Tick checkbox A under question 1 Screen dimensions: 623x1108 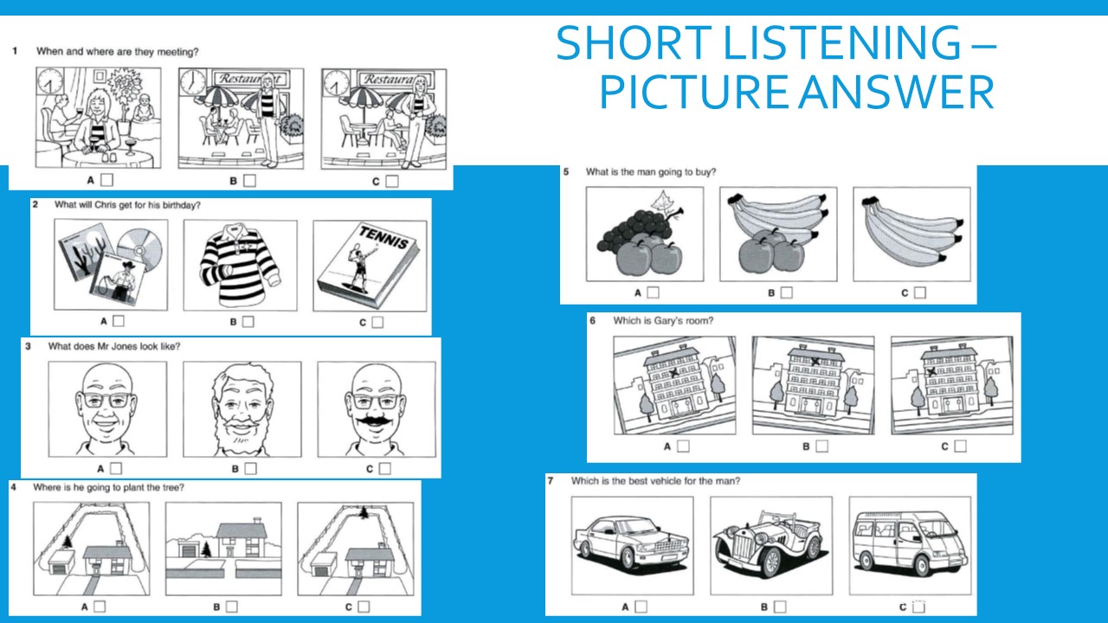(107, 181)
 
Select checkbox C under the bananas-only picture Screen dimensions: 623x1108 (919, 292)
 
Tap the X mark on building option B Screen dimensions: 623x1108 (815, 363)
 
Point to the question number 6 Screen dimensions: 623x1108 (592, 321)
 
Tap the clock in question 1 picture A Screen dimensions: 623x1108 (51, 84)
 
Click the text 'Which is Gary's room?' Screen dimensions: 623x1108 (663, 321)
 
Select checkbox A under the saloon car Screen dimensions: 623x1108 (641, 607)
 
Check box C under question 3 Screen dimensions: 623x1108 (384, 468)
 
